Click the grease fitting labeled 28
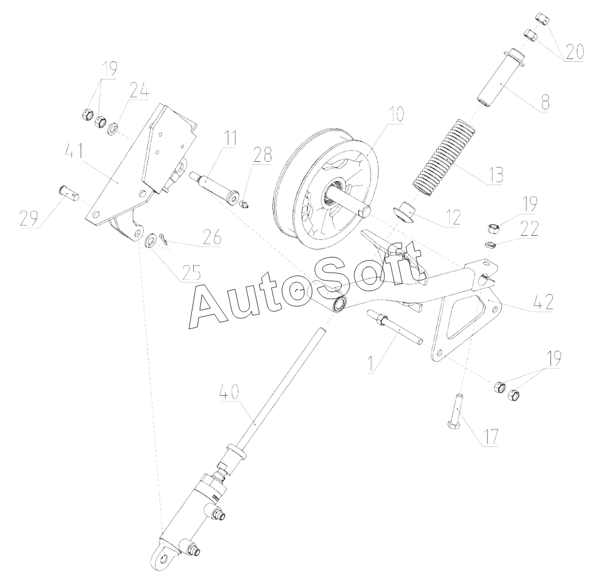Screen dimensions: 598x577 [x=244, y=205]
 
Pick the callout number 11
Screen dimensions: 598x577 [x=229, y=138]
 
